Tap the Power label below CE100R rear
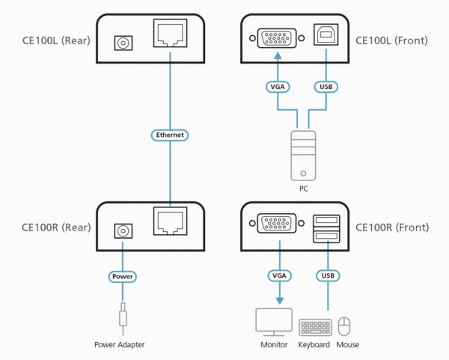point(122,276)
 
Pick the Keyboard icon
point(314,327)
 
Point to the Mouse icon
point(345,326)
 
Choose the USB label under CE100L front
point(326,87)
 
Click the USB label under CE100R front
point(326,276)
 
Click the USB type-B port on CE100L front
point(326,37)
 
